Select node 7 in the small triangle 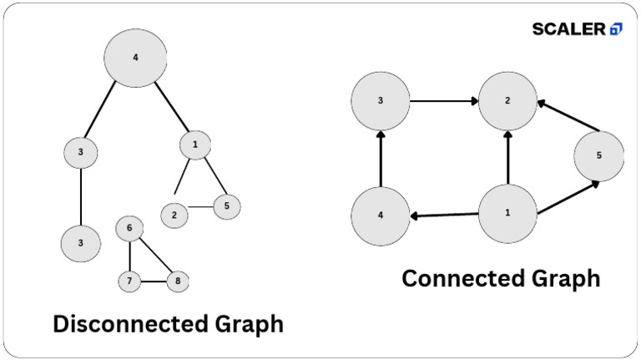[129, 281]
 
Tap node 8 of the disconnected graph [177, 281]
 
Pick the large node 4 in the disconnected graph [135, 58]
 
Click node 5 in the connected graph [598, 155]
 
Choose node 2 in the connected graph [507, 100]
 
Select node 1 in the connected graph [507, 212]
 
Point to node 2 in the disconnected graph [174, 215]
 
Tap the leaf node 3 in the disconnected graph [81, 242]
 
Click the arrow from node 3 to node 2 [443, 101]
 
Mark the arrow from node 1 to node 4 [444, 215]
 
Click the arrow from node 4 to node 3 [381, 159]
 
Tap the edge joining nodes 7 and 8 [153, 281]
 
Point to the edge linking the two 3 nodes [81, 195]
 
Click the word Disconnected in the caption [125, 323]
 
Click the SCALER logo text [569, 29]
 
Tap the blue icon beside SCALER [616, 29]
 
